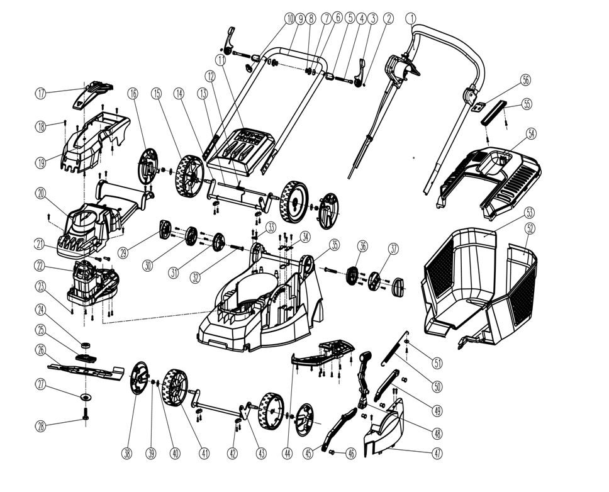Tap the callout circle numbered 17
coord(41,94)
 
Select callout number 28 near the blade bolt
coord(41,427)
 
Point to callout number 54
coord(533,134)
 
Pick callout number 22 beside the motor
coord(41,265)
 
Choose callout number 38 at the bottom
coord(129,452)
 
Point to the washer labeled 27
coord(84,397)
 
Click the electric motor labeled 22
coord(91,280)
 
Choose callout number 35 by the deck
coord(334,244)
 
